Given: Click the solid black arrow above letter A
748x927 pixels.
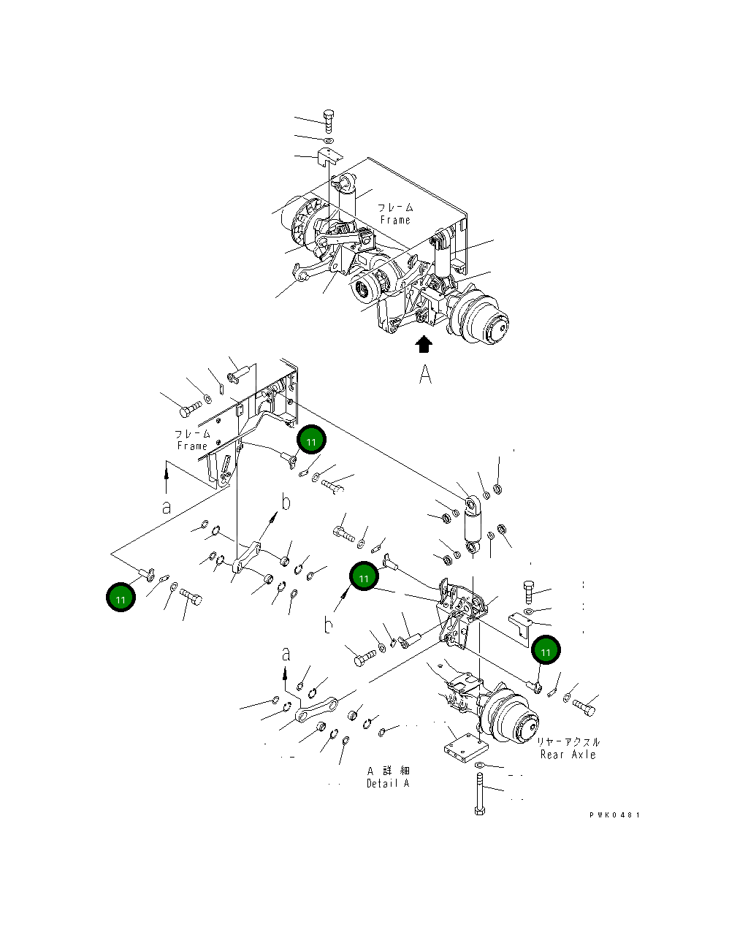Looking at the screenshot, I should point(424,344).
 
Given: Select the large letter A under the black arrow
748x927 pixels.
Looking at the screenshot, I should point(425,375).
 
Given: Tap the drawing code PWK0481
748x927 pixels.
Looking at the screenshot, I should point(615,815).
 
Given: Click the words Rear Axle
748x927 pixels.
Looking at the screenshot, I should point(568,755).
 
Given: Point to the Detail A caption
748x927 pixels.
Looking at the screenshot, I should point(388,783).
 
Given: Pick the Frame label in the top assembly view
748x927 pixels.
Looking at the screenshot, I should point(395,220).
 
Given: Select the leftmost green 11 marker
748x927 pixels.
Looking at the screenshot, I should point(121,598).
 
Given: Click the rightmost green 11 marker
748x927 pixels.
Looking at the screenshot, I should point(546,650).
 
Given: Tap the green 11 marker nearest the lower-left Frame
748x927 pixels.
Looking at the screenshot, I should point(312,440).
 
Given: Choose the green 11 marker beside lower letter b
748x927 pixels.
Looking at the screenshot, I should point(364,576).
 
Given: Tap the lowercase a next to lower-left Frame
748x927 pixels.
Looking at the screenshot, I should point(167,506).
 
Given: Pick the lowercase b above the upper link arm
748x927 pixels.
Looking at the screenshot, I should point(286,502).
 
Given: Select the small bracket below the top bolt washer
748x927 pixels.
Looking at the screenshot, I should point(329,156).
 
